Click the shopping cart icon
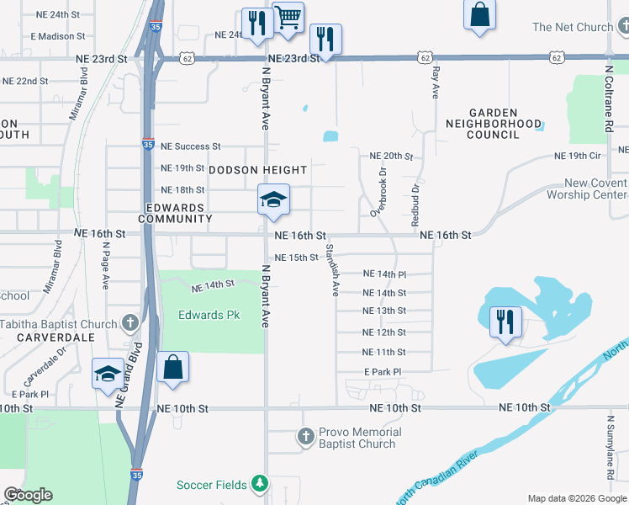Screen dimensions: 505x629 click(x=288, y=16)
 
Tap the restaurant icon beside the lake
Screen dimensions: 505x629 click(x=505, y=322)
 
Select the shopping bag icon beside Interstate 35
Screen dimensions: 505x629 click(x=172, y=367)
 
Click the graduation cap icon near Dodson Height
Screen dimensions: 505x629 click(x=273, y=200)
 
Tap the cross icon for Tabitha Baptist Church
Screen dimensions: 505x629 click(x=129, y=323)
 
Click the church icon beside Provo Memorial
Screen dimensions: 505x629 click(x=306, y=438)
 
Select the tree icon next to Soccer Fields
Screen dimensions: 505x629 click(x=261, y=484)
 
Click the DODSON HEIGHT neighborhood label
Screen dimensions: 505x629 click(x=258, y=169)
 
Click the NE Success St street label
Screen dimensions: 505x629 click(x=190, y=146)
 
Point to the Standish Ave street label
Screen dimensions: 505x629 click(x=333, y=270)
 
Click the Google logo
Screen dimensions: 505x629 click(x=28, y=495)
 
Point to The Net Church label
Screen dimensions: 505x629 click(x=573, y=27)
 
